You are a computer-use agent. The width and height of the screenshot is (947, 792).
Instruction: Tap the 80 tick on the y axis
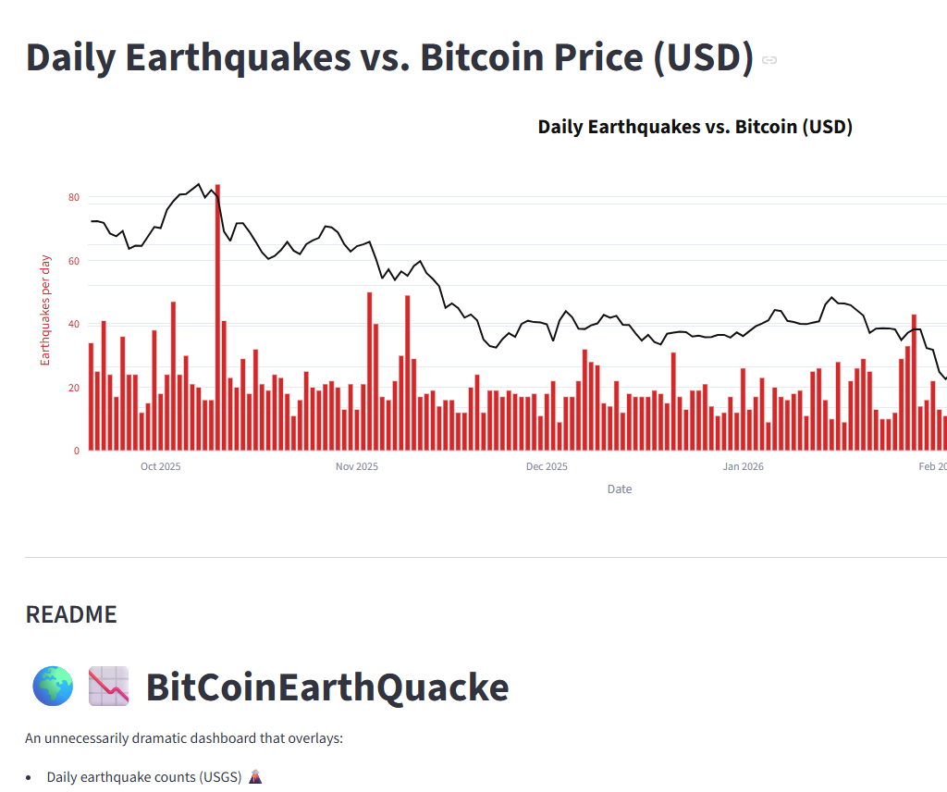(74, 198)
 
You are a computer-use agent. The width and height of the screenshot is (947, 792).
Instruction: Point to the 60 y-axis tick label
(74, 261)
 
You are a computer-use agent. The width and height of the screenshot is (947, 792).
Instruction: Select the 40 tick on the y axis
(74, 324)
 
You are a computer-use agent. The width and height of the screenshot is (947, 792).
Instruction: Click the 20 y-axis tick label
(74, 388)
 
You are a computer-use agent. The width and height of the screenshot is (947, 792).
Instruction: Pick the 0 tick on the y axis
(77, 451)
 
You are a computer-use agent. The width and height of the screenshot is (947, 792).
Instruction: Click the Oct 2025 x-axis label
(160, 466)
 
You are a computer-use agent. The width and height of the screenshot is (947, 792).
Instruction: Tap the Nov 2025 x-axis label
(356, 466)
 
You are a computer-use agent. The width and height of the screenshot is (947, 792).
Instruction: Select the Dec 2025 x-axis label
(547, 466)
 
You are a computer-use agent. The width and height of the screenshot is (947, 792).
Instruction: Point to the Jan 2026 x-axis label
(743, 466)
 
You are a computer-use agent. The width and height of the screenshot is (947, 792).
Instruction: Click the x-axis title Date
(620, 489)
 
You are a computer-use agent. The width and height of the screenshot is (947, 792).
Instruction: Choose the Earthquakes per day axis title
(45, 309)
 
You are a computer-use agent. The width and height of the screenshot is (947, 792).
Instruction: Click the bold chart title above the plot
(695, 127)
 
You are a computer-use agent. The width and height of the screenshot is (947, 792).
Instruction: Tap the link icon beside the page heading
(769, 60)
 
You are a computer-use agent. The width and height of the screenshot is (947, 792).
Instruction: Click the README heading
(71, 614)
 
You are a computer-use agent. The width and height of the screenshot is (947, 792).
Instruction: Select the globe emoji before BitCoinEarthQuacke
(53, 687)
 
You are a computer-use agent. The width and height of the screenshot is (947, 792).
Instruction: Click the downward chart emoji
(108, 687)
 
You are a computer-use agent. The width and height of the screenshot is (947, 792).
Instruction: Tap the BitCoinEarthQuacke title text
(327, 687)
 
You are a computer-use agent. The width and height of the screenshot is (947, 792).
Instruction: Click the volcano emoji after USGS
(255, 777)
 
